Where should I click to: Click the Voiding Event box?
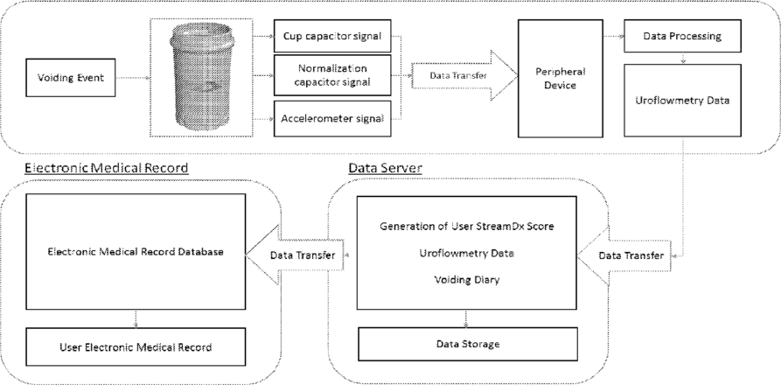pos(71,78)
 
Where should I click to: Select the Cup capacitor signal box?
pos(332,36)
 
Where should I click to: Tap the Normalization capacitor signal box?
pos(332,75)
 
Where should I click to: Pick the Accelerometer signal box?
pos(332,118)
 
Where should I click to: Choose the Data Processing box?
pos(682,36)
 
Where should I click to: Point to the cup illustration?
pos(202,77)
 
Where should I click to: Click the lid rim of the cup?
pos(202,38)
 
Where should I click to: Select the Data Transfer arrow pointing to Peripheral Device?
pos(464,76)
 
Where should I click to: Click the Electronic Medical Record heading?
pos(107,168)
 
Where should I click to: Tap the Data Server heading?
pos(385,168)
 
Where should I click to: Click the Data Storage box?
pos(468,344)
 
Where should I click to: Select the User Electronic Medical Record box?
pos(136,346)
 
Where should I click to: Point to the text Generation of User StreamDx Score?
pos(467,226)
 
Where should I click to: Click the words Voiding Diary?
pos(467,280)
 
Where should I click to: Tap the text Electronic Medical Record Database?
pos(136,252)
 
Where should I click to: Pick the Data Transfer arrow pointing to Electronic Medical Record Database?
pos(295,255)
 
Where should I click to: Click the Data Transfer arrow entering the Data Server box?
pos(623,255)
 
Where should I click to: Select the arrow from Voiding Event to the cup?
pos(133,78)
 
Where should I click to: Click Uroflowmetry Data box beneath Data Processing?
pos(682,100)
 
